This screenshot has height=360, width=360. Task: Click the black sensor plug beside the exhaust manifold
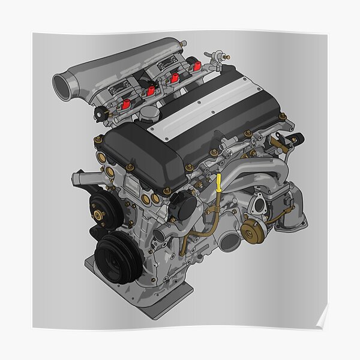pos(295,139)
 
